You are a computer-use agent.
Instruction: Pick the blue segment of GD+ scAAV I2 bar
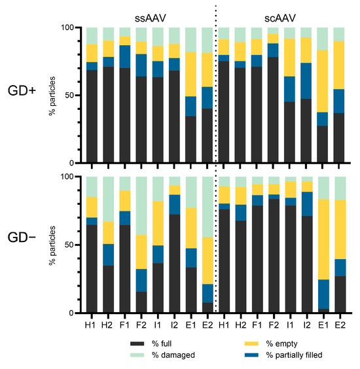point(305,80)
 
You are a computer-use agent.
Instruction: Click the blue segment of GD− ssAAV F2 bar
point(140,280)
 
